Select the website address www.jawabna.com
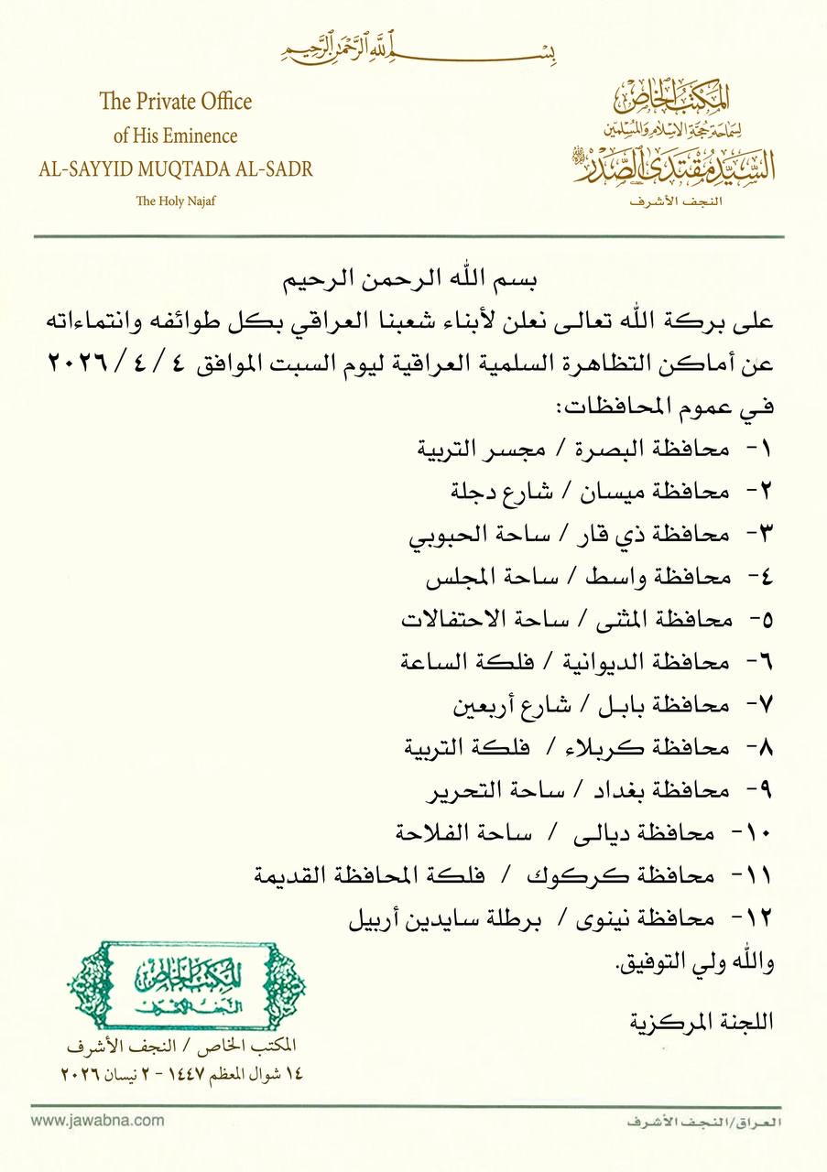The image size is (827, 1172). tap(98, 1119)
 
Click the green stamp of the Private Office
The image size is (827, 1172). tap(186, 985)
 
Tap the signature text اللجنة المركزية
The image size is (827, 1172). tap(702, 1021)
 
